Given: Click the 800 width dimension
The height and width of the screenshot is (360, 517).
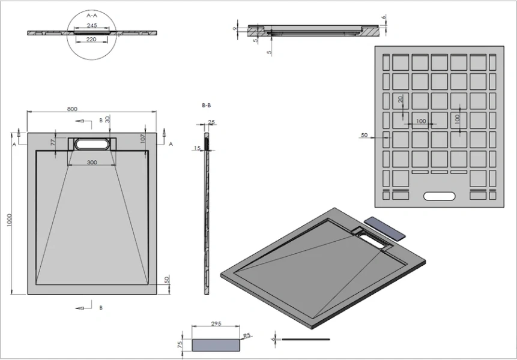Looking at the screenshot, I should point(72,109).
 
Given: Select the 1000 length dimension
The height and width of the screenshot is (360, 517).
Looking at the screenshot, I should point(9,221).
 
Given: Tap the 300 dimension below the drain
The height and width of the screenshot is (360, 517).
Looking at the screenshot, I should point(92,162).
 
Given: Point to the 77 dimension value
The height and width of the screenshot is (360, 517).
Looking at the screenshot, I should point(53,143).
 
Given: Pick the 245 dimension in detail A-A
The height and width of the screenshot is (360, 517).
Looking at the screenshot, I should point(92,25).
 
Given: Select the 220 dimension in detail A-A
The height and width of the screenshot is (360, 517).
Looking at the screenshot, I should point(92,39).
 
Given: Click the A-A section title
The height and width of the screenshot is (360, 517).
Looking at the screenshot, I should point(92,14).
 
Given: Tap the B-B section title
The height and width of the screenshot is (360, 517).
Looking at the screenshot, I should point(206,105).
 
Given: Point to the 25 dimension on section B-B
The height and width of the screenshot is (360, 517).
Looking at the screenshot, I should point(211,122).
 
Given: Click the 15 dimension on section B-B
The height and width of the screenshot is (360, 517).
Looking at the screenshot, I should point(198,148).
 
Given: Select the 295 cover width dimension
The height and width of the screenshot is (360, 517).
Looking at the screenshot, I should point(217,323).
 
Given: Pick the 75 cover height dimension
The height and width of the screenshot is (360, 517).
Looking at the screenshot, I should point(180,346).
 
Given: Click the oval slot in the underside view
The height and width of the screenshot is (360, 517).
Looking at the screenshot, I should point(440,196).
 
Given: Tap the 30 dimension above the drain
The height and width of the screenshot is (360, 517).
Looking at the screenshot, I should point(107,119).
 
